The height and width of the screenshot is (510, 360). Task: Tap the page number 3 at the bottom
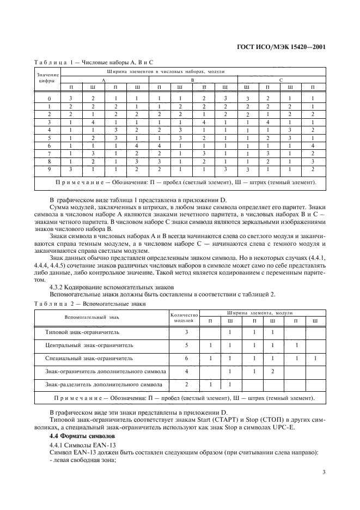(324, 472)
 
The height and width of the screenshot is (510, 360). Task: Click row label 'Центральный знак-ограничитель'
(89, 345)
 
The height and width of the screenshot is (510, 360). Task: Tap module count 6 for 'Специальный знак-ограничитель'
(187, 359)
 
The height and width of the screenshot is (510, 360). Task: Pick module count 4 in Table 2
(187, 372)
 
